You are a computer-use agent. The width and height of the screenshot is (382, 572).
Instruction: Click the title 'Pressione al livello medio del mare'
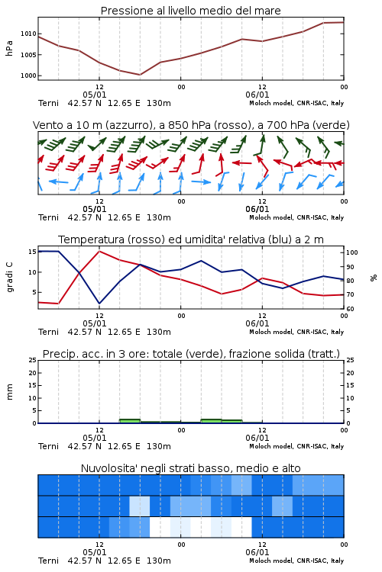(191, 11)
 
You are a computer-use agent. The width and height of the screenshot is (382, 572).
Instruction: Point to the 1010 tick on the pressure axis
(28, 34)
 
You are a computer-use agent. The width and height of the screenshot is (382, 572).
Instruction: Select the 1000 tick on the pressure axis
(28, 76)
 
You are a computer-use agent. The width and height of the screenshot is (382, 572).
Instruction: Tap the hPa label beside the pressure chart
(9, 49)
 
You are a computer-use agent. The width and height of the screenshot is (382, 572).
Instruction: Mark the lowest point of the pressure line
(140, 75)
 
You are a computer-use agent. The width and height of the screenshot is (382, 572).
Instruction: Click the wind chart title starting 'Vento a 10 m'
(191, 125)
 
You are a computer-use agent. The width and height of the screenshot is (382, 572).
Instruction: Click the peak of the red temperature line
(99, 251)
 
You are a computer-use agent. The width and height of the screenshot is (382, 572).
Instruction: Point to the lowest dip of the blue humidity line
(99, 303)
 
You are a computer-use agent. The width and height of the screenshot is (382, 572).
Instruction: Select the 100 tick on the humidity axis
(352, 252)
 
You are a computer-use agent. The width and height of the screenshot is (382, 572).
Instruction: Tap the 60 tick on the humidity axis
(350, 309)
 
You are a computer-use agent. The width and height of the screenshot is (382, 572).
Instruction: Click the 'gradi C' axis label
(9, 277)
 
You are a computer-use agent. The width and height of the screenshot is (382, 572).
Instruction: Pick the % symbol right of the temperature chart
(374, 278)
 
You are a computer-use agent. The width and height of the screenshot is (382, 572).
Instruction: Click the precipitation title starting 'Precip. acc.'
(191, 354)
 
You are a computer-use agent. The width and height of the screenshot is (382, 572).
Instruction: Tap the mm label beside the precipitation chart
(9, 392)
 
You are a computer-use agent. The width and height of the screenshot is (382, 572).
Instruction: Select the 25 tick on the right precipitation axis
(350, 360)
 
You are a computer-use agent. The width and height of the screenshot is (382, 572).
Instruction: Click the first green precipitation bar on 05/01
(130, 421)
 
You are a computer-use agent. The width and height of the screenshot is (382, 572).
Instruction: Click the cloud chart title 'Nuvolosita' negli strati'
(191, 468)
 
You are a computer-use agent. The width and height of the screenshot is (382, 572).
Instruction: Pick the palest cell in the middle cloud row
(140, 506)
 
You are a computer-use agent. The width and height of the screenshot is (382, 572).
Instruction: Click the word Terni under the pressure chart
(48, 103)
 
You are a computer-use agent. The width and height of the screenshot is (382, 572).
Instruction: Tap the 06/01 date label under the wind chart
(257, 210)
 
